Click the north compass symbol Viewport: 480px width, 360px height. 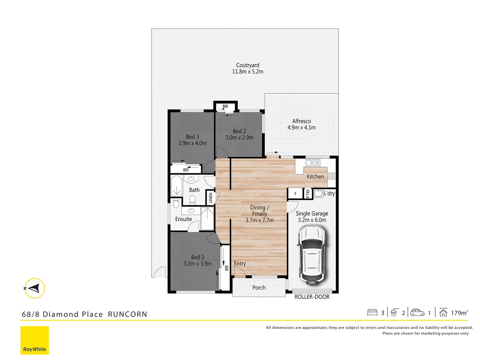point(34,288)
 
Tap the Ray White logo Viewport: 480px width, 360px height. point(35,340)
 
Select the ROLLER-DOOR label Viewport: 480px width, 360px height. point(312,297)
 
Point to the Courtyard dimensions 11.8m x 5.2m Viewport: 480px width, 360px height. point(248,72)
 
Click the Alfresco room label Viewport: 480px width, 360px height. point(302,121)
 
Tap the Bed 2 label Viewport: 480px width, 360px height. point(239,131)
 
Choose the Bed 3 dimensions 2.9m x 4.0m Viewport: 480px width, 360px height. point(193,143)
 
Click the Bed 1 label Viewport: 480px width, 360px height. point(198,257)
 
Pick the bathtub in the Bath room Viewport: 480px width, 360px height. point(176,186)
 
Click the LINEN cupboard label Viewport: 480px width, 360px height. point(211,198)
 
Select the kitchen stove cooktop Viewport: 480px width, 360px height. point(331,176)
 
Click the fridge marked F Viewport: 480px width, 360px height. point(295,194)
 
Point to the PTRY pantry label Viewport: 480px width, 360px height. point(308,193)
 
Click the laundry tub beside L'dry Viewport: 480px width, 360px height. point(318,193)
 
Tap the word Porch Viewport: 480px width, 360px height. point(259,288)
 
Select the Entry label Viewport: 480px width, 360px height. point(240,264)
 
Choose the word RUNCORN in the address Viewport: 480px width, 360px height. point(127,314)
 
